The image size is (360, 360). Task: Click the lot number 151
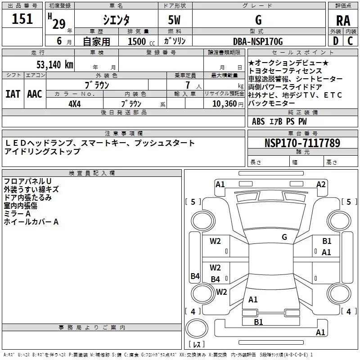22,19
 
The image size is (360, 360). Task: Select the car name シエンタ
117,20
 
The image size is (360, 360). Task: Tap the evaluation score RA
343,20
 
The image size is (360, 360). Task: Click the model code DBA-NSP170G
258,41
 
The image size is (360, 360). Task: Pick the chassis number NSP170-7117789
302,143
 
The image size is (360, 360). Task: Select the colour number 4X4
74,103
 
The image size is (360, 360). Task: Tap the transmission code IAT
13,94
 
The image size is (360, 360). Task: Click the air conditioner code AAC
34,94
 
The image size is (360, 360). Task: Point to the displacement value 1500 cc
137,41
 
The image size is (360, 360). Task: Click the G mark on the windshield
284,237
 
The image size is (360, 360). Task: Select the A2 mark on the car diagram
320,184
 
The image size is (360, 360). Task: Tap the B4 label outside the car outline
195,276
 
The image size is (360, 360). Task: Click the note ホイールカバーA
31,221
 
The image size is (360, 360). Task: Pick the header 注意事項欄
124,134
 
